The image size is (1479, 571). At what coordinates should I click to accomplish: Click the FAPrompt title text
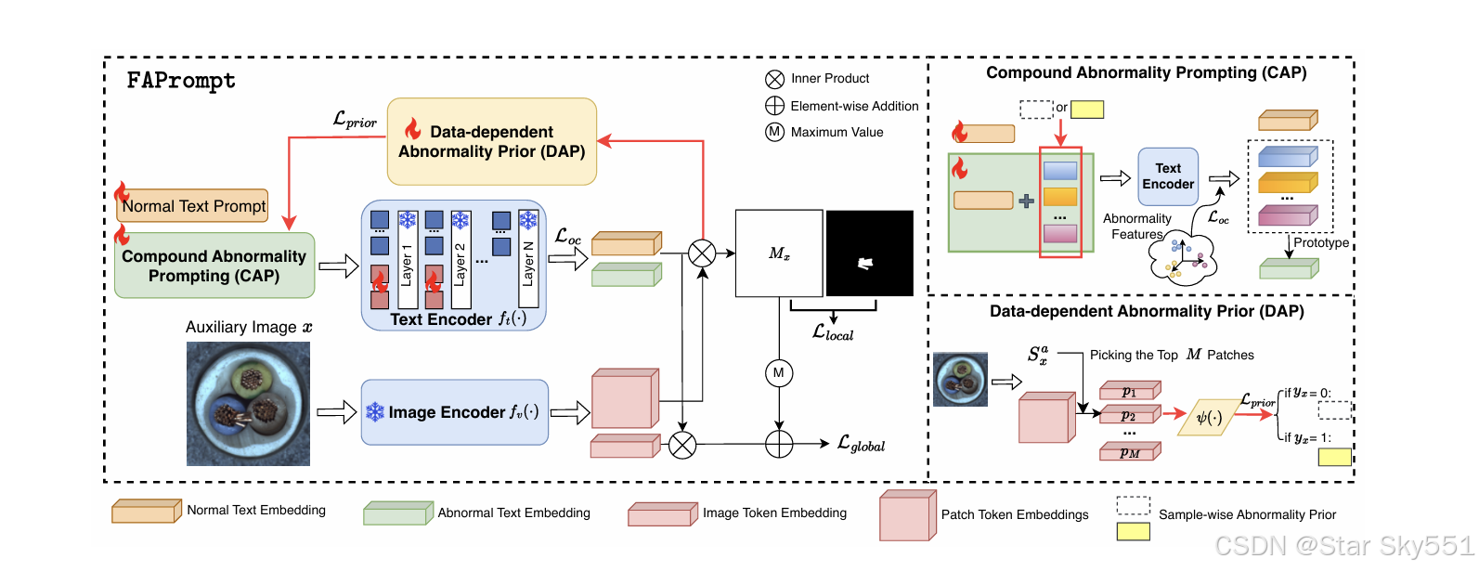click(x=181, y=81)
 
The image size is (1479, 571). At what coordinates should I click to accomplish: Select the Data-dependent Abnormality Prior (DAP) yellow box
click(x=491, y=141)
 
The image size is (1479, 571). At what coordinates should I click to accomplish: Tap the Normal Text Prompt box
click(x=193, y=206)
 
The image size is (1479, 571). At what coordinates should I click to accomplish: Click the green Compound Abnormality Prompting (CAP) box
click(x=214, y=266)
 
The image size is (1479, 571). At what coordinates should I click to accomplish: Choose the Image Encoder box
click(x=454, y=411)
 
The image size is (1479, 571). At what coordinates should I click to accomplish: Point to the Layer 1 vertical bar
click(x=407, y=260)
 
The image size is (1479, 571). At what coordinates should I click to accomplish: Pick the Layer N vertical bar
click(x=528, y=260)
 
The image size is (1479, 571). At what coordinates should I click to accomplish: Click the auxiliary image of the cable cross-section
click(x=248, y=404)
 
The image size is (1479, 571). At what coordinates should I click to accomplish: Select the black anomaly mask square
click(x=869, y=253)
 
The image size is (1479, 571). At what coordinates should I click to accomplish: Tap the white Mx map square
click(x=779, y=253)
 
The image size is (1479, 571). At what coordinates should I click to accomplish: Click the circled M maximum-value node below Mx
click(x=778, y=373)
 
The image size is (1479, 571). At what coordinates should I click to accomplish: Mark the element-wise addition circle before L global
click(x=778, y=445)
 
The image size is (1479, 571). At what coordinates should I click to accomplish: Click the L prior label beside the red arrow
click(x=355, y=120)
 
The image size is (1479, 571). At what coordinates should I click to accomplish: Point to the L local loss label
click(x=833, y=332)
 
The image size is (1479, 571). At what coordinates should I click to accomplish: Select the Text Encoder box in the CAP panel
click(x=1168, y=176)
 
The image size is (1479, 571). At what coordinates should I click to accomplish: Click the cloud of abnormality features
click(x=1182, y=259)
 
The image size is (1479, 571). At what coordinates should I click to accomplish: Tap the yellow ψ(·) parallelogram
click(x=1208, y=418)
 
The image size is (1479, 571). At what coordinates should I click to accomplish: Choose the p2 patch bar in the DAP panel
click(x=1129, y=415)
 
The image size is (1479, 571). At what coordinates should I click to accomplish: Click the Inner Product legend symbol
click(x=774, y=79)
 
